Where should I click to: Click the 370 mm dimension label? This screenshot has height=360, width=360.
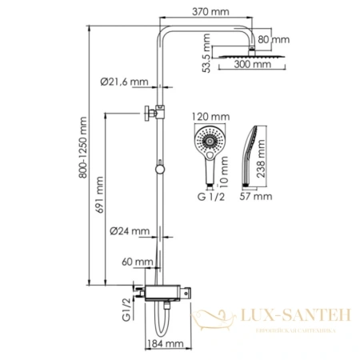pyautogui.click(x=212, y=12)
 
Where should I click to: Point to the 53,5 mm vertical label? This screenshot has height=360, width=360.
pyautogui.click(x=206, y=53)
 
